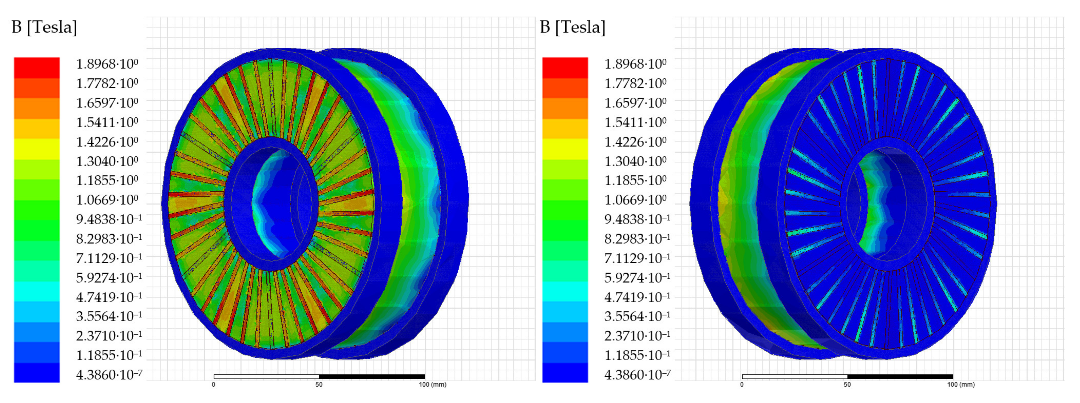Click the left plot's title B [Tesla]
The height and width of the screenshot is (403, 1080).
coord(44,27)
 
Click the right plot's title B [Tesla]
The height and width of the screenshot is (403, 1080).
coord(573,27)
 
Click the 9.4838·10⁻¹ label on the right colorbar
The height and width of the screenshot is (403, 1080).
coord(637,219)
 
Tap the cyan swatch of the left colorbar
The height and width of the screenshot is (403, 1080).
coord(37,292)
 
